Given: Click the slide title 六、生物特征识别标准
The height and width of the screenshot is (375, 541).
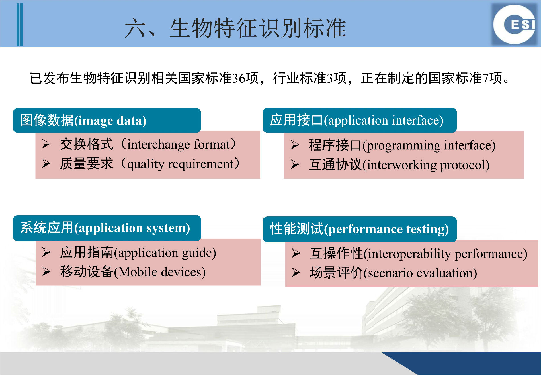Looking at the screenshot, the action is coord(235,28).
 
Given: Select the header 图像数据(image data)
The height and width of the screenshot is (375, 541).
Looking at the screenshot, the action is coord(83,120).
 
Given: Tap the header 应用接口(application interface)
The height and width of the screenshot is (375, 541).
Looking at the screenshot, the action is coord(356,120).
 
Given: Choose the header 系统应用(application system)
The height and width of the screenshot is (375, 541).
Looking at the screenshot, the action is coord(105,228).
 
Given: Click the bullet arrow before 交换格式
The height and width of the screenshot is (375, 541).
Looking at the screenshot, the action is coord(46,144).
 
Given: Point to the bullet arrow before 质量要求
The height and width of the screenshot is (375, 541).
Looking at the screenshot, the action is coord(46,163).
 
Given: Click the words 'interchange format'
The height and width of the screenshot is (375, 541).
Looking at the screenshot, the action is coord(178,145).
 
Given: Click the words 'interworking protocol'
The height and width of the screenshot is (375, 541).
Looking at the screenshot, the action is coord(426,165).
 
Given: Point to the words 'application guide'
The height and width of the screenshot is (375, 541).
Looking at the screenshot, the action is coord(165,253).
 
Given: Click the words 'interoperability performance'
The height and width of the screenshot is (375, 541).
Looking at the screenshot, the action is coord(446,254).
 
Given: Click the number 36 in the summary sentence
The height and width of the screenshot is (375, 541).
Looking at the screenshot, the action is coord(239,78).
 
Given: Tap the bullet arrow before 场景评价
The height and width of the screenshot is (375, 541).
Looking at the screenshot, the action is coord(296,273).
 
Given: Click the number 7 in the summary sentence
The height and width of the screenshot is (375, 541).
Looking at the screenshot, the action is coord(485,78).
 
